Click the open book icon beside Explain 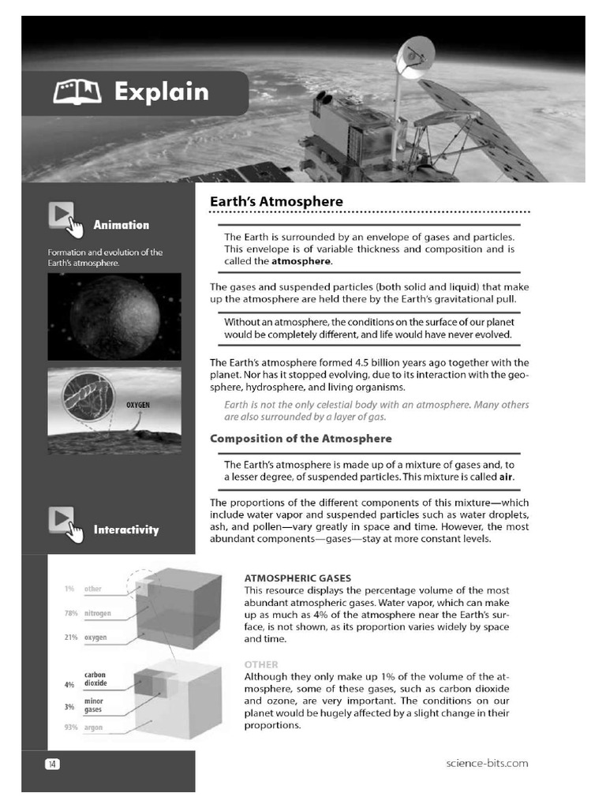pos(77,94)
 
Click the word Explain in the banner pos(161,92)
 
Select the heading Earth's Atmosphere pos(276,201)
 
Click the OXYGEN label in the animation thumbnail pos(138,405)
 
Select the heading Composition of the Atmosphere pos(300,438)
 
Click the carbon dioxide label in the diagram pos(95,679)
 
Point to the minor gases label pos(93,705)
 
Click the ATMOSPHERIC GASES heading pos(297,578)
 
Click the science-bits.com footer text pos(486,763)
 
